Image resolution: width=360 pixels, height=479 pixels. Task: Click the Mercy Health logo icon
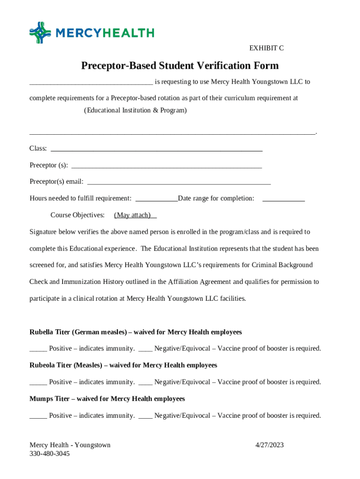(40, 32)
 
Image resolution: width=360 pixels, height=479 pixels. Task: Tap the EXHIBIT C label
(266, 48)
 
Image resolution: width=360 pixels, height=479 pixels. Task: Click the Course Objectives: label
(77, 215)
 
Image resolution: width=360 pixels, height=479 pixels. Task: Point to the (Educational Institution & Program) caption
(135, 110)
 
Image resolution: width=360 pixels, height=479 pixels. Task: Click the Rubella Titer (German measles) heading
(136, 332)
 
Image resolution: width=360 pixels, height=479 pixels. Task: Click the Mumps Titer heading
(107, 399)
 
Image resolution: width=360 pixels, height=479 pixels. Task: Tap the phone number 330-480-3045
(50, 454)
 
